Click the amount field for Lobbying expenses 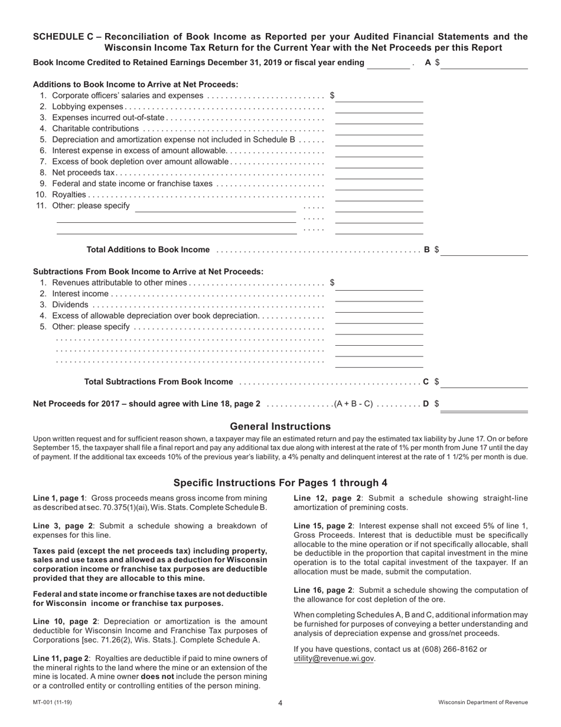(x=379, y=107)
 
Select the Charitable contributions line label (x=95, y=129)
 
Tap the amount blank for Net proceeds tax (x=379, y=173)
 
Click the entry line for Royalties (x=379, y=195)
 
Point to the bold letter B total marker (x=427, y=249)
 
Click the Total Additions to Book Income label (x=148, y=249)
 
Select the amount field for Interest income (x=379, y=294)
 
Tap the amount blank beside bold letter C (x=484, y=382)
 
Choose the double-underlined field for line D (x=484, y=405)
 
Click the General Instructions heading (x=280, y=427)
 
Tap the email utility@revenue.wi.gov (x=334, y=659)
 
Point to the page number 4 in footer (x=280, y=703)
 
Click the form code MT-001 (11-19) (x=53, y=703)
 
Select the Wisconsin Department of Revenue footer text (x=483, y=703)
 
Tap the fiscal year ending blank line (x=388, y=64)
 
